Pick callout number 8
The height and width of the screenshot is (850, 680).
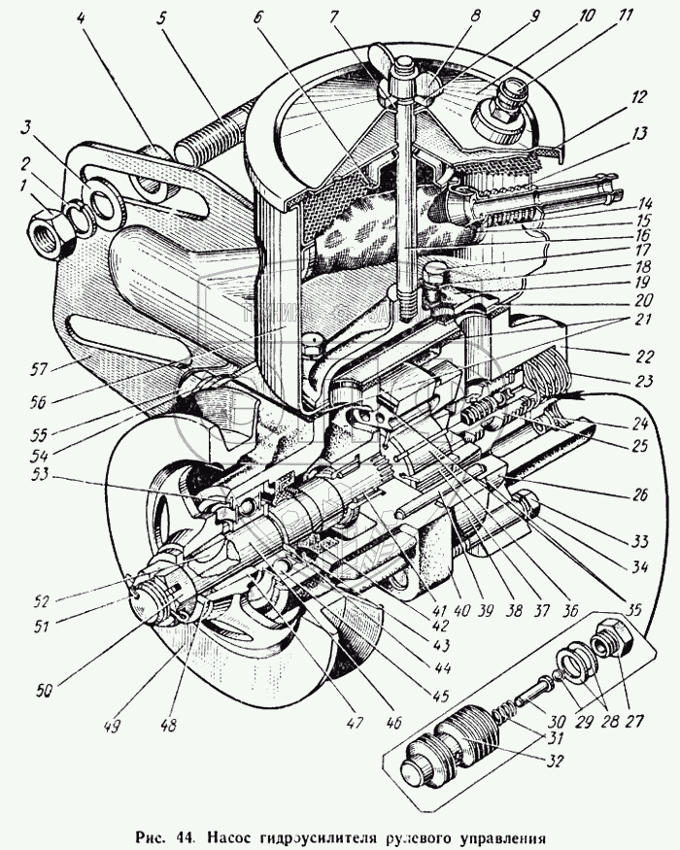448,17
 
